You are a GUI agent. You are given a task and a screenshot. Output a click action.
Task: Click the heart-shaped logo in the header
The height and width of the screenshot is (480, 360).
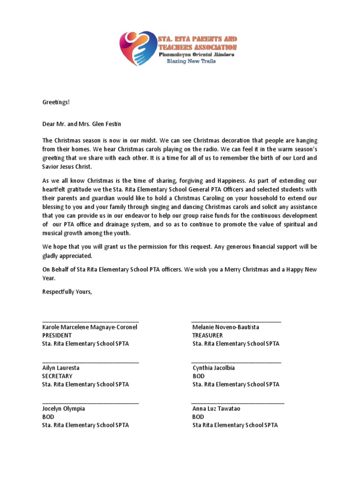pyautogui.click(x=139, y=49)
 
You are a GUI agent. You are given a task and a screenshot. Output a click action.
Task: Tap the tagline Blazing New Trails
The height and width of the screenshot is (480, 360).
pyautogui.click(x=192, y=61)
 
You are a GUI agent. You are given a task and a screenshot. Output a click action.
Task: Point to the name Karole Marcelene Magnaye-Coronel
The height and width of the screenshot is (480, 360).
pyautogui.click(x=90, y=327)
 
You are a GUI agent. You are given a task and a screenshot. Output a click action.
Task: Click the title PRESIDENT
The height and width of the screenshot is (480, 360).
pyautogui.click(x=57, y=336)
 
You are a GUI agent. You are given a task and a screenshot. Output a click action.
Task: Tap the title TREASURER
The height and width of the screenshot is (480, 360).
pyautogui.click(x=207, y=336)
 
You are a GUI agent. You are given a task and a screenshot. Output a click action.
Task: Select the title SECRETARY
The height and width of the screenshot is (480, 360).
pyautogui.click(x=57, y=376)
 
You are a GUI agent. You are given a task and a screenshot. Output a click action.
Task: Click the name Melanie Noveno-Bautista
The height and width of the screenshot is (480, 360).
pyautogui.click(x=225, y=327)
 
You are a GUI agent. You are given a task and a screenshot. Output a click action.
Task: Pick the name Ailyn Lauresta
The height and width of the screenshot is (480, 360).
pyautogui.click(x=61, y=368)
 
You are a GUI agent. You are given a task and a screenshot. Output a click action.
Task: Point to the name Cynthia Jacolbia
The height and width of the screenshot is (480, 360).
pyautogui.click(x=213, y=368)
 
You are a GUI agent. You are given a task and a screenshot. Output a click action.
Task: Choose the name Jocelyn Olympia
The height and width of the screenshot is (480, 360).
pyautogui.click(x=64, y=409)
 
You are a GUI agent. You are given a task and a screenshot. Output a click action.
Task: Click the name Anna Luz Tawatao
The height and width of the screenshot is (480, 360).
pyautogui.click(x=216, y=409)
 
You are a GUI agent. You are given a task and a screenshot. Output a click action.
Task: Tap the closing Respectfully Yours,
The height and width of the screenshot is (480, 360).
pyautogui.click(x=67, y=292)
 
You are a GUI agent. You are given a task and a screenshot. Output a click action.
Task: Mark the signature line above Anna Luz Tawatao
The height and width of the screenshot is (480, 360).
pyautogui.click(x=238, y=403)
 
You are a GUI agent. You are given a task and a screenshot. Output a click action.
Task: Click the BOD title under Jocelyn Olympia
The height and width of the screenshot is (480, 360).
pyautogui.click(x=48, y=417)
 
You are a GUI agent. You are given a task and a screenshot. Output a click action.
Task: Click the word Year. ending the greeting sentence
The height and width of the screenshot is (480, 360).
pyautogui.click(x=49, y=278)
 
